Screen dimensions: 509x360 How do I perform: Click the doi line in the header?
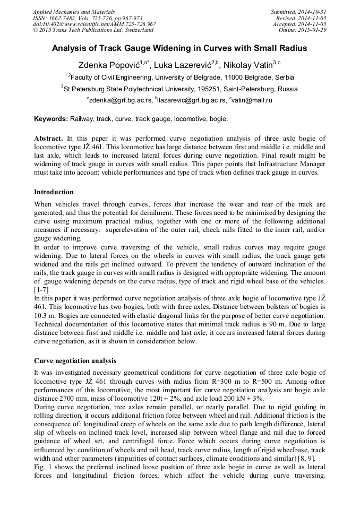pyautogui.click(x=94, y=24)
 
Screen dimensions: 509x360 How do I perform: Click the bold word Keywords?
pyautogui.click(x=51, y=119)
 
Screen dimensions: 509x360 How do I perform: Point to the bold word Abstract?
pyautogui.click(x=49, y=137)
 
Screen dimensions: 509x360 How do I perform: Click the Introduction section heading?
pyautogui.click(x=54, y=192)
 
